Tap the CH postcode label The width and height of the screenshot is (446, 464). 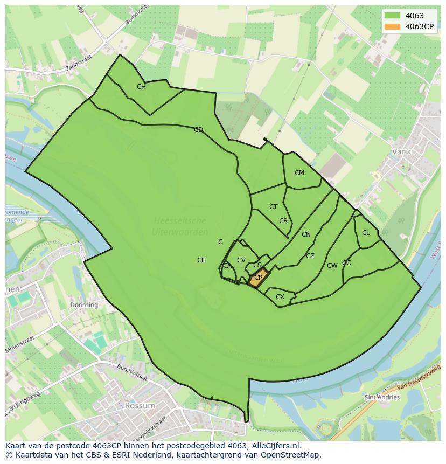pos(141,87)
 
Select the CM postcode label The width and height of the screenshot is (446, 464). pos(299,173)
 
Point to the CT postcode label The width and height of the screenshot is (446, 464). pos(274,207)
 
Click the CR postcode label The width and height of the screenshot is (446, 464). pos(283,221)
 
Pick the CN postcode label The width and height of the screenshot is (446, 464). pos(306,234)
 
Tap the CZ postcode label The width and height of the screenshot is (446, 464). pos(310,256)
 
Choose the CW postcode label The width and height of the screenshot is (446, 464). pos(332,266)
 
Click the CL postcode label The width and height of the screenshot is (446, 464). pos(366,233)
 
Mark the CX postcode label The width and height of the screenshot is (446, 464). pos(280,297)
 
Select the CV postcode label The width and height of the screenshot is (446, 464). pos(241,260)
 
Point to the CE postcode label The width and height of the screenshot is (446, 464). pos(201,260)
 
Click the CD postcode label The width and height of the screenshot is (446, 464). pos(198,130)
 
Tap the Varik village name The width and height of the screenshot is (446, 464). pos(401,151)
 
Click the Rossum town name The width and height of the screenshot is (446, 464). pos(140,405)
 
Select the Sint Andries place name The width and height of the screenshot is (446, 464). pos(382,397)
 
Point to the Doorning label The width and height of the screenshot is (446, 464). pos(84,304)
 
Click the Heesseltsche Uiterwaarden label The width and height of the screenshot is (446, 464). pos(180,226)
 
